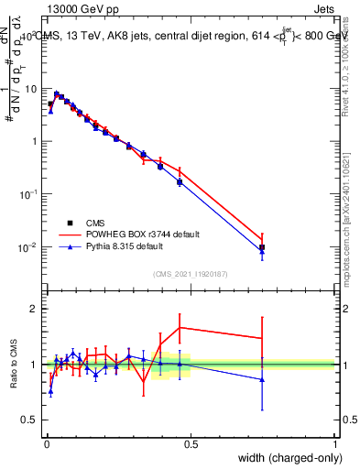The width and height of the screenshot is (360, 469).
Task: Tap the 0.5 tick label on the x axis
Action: click(191, 444)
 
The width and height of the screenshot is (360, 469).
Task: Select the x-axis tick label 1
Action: click(335, 444)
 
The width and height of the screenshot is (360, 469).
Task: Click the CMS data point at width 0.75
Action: click(262, 247)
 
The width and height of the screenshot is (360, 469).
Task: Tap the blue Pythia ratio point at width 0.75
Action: click(262, 379)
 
